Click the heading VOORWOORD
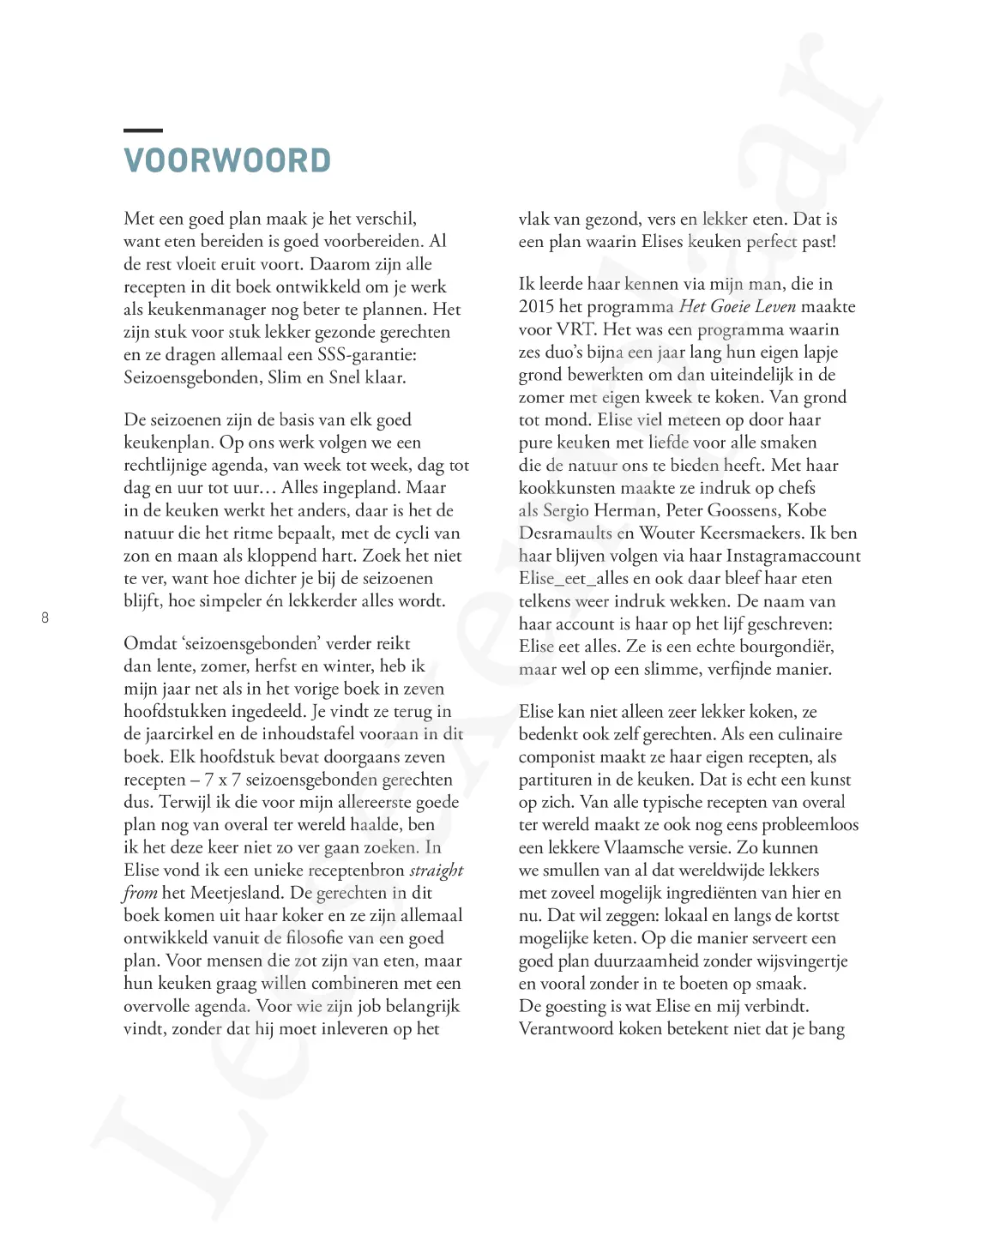click(x=227, y=161)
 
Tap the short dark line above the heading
click(x=142, y=130)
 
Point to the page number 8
click(x=45, y=617)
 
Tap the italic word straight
click(x=437, y=871)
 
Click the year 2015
click(x=537, y=307)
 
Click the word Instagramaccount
click(x=793, y=556)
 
